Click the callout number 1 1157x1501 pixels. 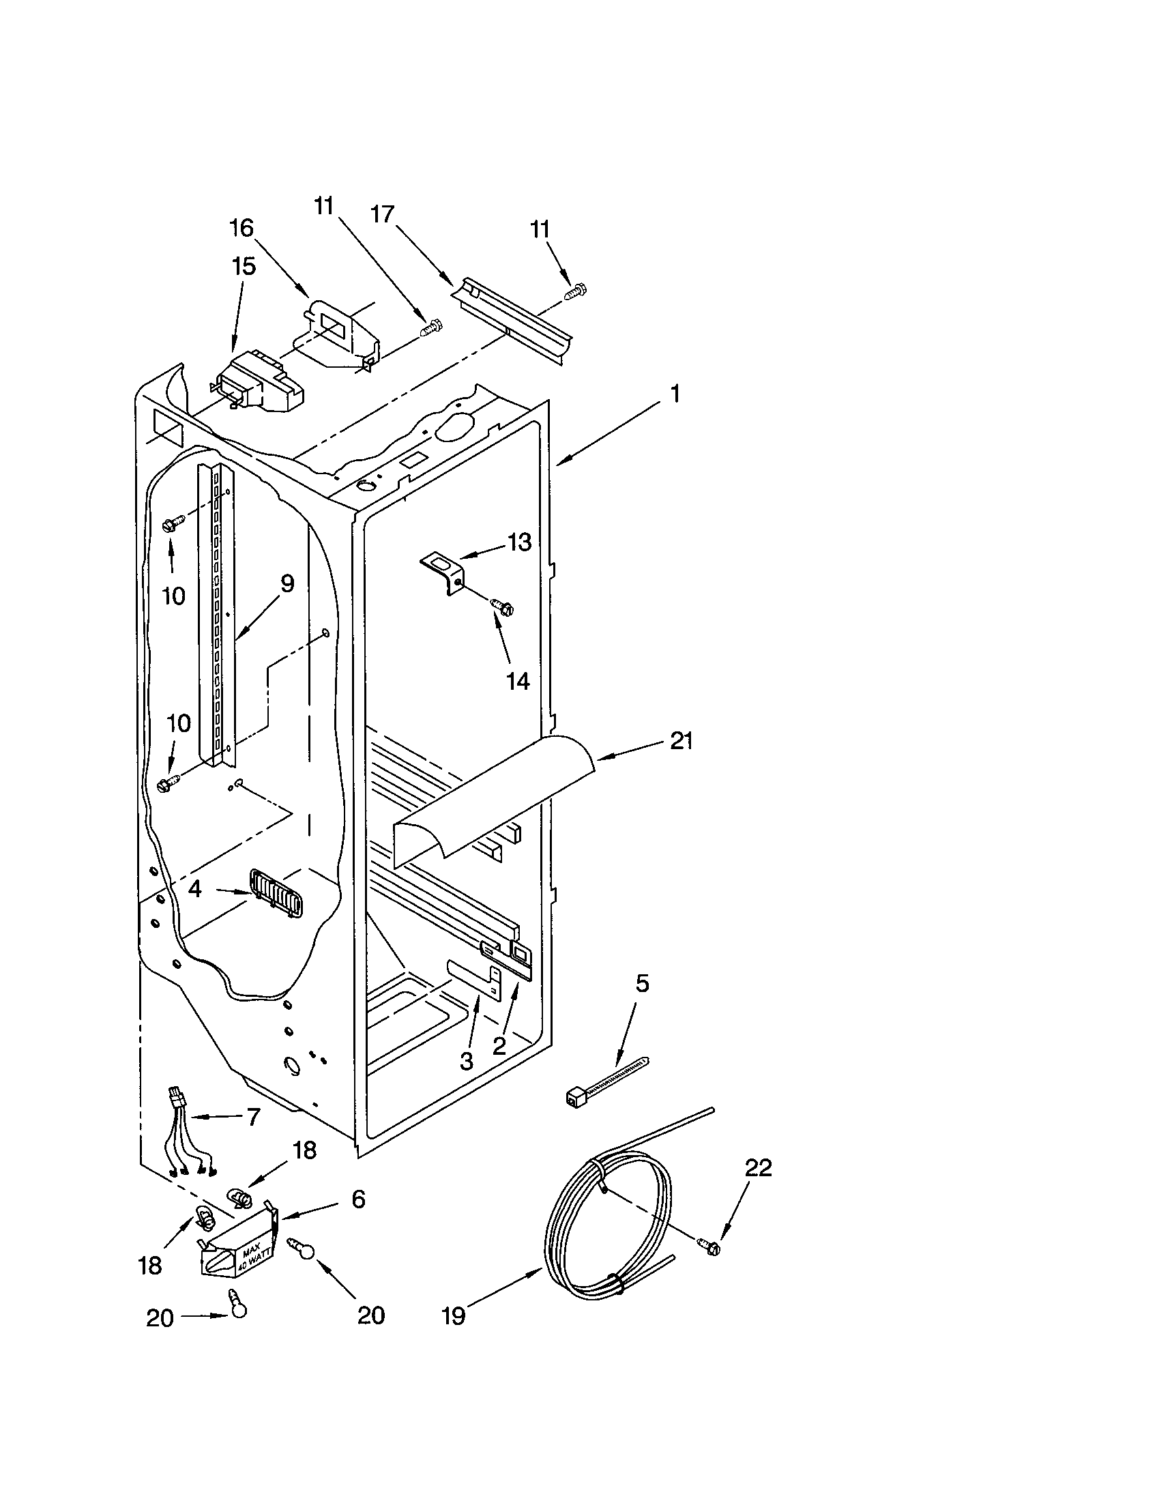(x=675, y=394)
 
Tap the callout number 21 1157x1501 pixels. (x=680, y=742)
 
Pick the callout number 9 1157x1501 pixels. (x=287, y=584)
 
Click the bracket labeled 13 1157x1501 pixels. (x=441, y=572)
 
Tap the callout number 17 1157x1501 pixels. (x=382, y=215)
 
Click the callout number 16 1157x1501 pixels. (x=242, y=228)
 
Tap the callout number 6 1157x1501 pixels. (x=358, y=1199)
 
